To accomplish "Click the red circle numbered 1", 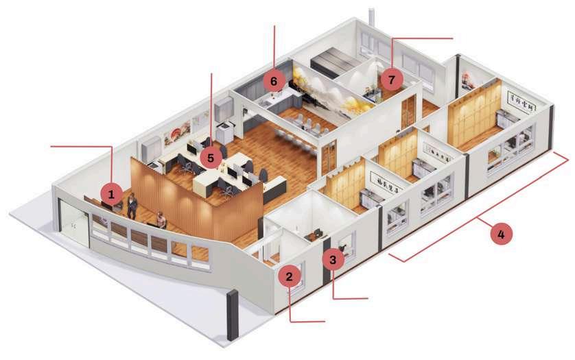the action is [110, 195].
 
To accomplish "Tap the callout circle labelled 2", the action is [290, 277].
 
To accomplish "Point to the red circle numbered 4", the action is [502, 234].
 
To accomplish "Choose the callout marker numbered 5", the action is [211, 158].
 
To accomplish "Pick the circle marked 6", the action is [274, 81].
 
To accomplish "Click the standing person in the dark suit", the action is [132, 205].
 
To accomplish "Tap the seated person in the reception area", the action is [161, 221].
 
